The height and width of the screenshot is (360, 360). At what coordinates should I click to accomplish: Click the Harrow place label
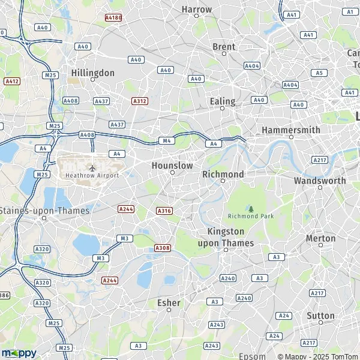pyautogui.click(x=197, y=10)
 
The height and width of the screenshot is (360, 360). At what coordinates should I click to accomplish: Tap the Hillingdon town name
pyautogui.click(x=92, y=73)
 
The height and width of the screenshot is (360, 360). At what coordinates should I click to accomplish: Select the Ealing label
pyautogui.click(x=222, y=101)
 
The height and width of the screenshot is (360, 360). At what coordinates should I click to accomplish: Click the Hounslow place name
pyautogui.click(x=172, y=165)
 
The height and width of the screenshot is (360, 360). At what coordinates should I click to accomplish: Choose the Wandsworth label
pyautogui.click(x=320, y=180)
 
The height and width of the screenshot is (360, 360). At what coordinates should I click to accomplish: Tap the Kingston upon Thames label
pyautogui.click(x=226, y=237)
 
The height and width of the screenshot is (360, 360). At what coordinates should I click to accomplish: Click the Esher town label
pyautogui.click(x=169, y=303)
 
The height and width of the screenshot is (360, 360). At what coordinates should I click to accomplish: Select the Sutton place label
pyautogui.click(x=321, y=316)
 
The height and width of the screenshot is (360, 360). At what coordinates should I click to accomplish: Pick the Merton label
pyautogui.click(x=321, y=238)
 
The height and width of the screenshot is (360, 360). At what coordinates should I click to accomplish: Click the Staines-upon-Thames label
pyautogui.click(x=45, y=211)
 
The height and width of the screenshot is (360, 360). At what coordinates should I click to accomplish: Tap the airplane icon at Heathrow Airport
pyautogui.click(x=92, y=167)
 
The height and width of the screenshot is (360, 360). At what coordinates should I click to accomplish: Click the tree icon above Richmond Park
pyautogui.click(x=251, y=208)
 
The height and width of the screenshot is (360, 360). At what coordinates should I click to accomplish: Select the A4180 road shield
pyautogui.click(x=113, y=18)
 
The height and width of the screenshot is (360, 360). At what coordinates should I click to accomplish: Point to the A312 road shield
pyautogui.click(x=140, y=101)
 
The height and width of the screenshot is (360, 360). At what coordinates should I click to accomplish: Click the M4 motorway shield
pyautogui.click(x=167, y=141)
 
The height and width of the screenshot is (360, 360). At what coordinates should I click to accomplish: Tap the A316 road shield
pyautogui.click(x=164, y=211)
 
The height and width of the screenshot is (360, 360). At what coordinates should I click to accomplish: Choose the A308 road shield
pyautogui.click(x=162, y=248)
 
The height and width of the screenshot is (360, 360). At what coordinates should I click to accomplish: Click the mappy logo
pyautogui.click(x=19, y=352)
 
